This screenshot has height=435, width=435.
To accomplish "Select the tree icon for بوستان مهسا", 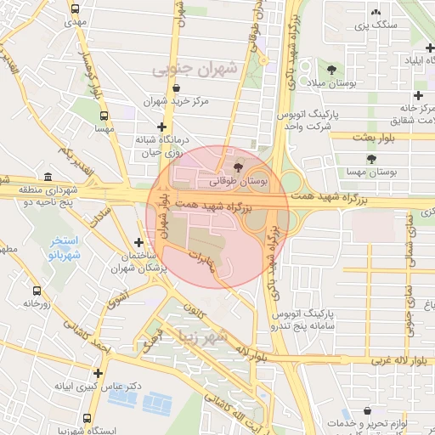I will [370, 158].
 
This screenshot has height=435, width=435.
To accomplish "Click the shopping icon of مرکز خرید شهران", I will [176, 88].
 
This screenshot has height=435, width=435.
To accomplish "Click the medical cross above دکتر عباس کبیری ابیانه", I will [99, 372].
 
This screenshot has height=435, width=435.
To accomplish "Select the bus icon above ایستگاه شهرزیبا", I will [88, 419].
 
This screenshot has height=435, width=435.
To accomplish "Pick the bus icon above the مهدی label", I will [76, 9].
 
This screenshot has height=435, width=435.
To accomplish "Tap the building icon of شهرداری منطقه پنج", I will [46, 178].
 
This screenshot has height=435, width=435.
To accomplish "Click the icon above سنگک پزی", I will [376, 12].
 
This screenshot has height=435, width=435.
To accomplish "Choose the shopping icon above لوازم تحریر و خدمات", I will [366, 410].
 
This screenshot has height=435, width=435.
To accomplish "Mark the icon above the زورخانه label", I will [31, 289].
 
